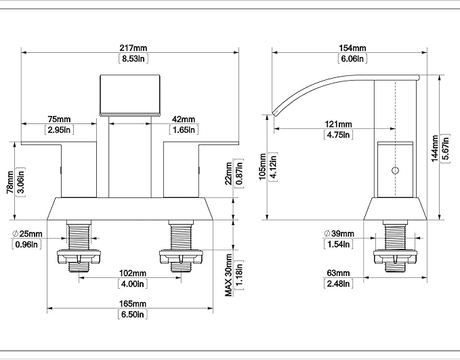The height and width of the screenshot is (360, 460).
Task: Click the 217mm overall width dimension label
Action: [x=133, y=47]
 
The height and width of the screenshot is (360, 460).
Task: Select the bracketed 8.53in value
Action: [x=133, y=58]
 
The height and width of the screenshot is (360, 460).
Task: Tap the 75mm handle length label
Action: [x=59, y=119]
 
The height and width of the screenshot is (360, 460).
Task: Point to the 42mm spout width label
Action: [x=184, y=119]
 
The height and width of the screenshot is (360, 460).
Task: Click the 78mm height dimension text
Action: [x=10, y=182]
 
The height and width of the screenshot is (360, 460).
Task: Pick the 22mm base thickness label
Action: [x=229, y=174]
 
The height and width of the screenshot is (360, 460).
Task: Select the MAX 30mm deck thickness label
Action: [x=228, y=275]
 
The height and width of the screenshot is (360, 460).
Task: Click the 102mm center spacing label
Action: [x=133, y=273]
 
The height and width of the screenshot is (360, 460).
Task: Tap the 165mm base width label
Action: [x=133, y=303]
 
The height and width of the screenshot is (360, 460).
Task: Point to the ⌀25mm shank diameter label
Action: [x=27, y=234]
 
